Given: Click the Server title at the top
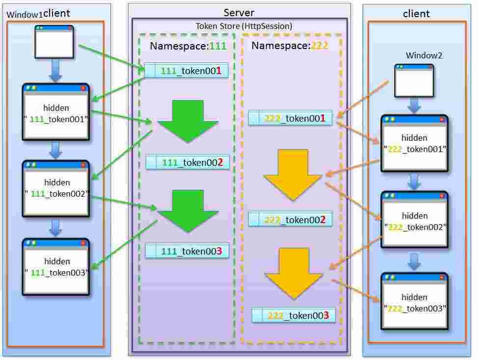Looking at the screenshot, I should [239, 12].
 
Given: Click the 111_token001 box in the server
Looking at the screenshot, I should [186, 71].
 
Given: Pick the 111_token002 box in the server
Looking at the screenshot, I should [187, 162].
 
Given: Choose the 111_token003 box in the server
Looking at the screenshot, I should [187, 251].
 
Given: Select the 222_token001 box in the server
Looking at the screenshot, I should [290, 118].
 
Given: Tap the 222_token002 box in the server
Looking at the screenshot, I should [290, 219].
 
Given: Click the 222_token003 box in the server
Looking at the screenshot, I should [293, 315].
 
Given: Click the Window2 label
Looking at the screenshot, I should [424, 55].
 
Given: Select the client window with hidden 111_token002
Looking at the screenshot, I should [56, 189].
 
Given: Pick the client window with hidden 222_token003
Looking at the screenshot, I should [415, 302].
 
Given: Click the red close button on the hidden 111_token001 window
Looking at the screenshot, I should [83, 88].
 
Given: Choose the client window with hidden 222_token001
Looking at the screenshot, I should [415, 143].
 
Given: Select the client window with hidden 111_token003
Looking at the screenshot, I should [56, 267].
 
